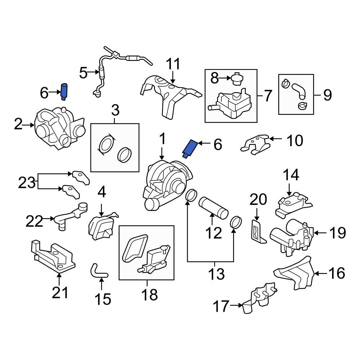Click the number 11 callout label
[x=173, y=65]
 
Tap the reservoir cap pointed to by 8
[x=236, y=79]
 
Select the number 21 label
[x=59, y=293]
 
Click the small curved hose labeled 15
[x=98, y=271]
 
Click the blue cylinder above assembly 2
[x=64, y=92]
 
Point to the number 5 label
[x=83, y=73]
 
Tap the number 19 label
[x=337, y=233]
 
